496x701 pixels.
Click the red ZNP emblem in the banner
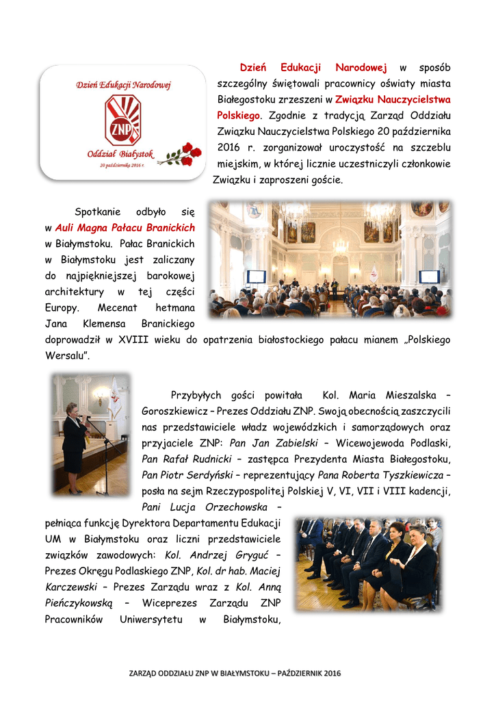click(122, 120)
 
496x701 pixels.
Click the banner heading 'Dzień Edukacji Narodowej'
click(122, 85)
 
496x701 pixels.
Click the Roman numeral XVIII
click(136, 340)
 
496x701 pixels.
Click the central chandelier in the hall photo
click(340, 243)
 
